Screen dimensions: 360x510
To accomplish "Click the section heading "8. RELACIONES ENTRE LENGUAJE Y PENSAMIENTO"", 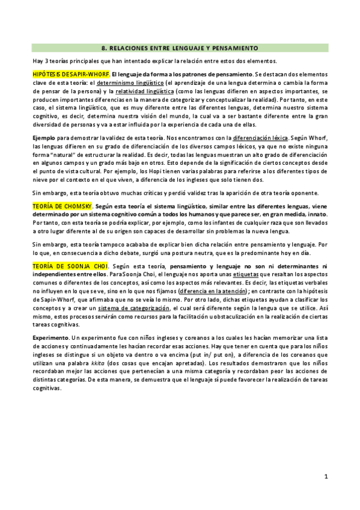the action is [180, 47].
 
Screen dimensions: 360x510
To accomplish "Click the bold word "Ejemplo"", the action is [44, 138].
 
